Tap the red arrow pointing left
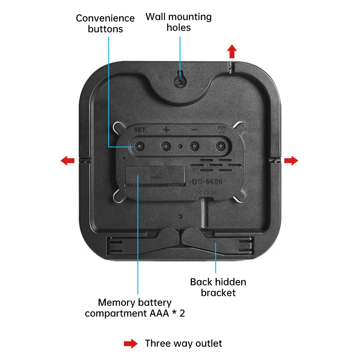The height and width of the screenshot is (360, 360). [x=68, y=161]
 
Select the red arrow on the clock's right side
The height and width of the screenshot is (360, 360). [x=291, y=161]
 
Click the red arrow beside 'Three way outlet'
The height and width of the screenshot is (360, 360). [x=130, y=344]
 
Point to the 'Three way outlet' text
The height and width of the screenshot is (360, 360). [x=183, y=343]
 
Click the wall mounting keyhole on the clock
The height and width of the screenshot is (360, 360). [x=179, y=81]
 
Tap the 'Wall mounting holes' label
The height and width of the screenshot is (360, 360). [x=179, y=22]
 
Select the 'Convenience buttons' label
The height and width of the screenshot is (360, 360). [x=105, y=23]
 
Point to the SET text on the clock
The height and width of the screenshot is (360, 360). [x=139, y=130]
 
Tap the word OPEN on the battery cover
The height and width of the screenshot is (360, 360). [x=155, y=177]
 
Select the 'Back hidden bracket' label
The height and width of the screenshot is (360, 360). [x=218, y=287]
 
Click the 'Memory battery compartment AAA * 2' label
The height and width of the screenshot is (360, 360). [x=135, y=308]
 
